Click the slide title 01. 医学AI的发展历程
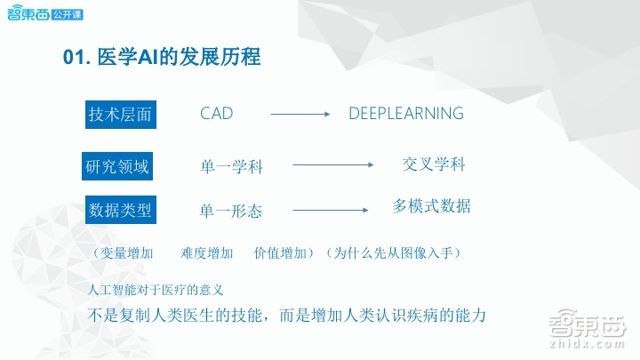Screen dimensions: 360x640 click(x=162, y=58)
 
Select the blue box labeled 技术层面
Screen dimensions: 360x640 click(x=119, y=115)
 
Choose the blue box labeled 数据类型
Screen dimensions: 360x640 click(x=119, y=211)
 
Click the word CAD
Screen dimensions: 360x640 click(x=216, y=114)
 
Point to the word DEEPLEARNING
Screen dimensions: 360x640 click(x=405, y=114)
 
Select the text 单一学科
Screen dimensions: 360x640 click(x=231, y=166)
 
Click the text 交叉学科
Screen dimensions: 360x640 click(x=433, y=164)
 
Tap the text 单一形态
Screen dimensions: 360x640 click(x=231, y=212)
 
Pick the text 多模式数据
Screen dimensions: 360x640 click(x=431, y=206)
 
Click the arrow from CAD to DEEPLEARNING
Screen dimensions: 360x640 click(x=300, y=114)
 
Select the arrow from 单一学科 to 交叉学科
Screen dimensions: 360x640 click(x=332, y=164)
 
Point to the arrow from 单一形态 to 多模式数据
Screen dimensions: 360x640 click(x=330, y=210)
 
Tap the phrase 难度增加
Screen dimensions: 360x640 click(x=206, y=253)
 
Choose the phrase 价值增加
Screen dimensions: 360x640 click(x=279, y=253)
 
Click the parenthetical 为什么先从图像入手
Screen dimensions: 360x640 click(x=391, y=253)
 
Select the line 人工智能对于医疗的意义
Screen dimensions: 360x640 click(x=156, y=290)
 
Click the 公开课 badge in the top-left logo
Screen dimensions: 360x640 click(x=63, y=15)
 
